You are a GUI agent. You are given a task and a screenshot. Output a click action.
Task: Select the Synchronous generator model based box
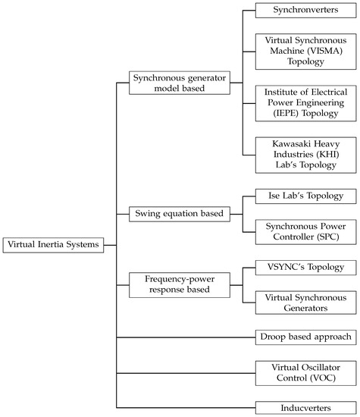(x=169, y=83)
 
